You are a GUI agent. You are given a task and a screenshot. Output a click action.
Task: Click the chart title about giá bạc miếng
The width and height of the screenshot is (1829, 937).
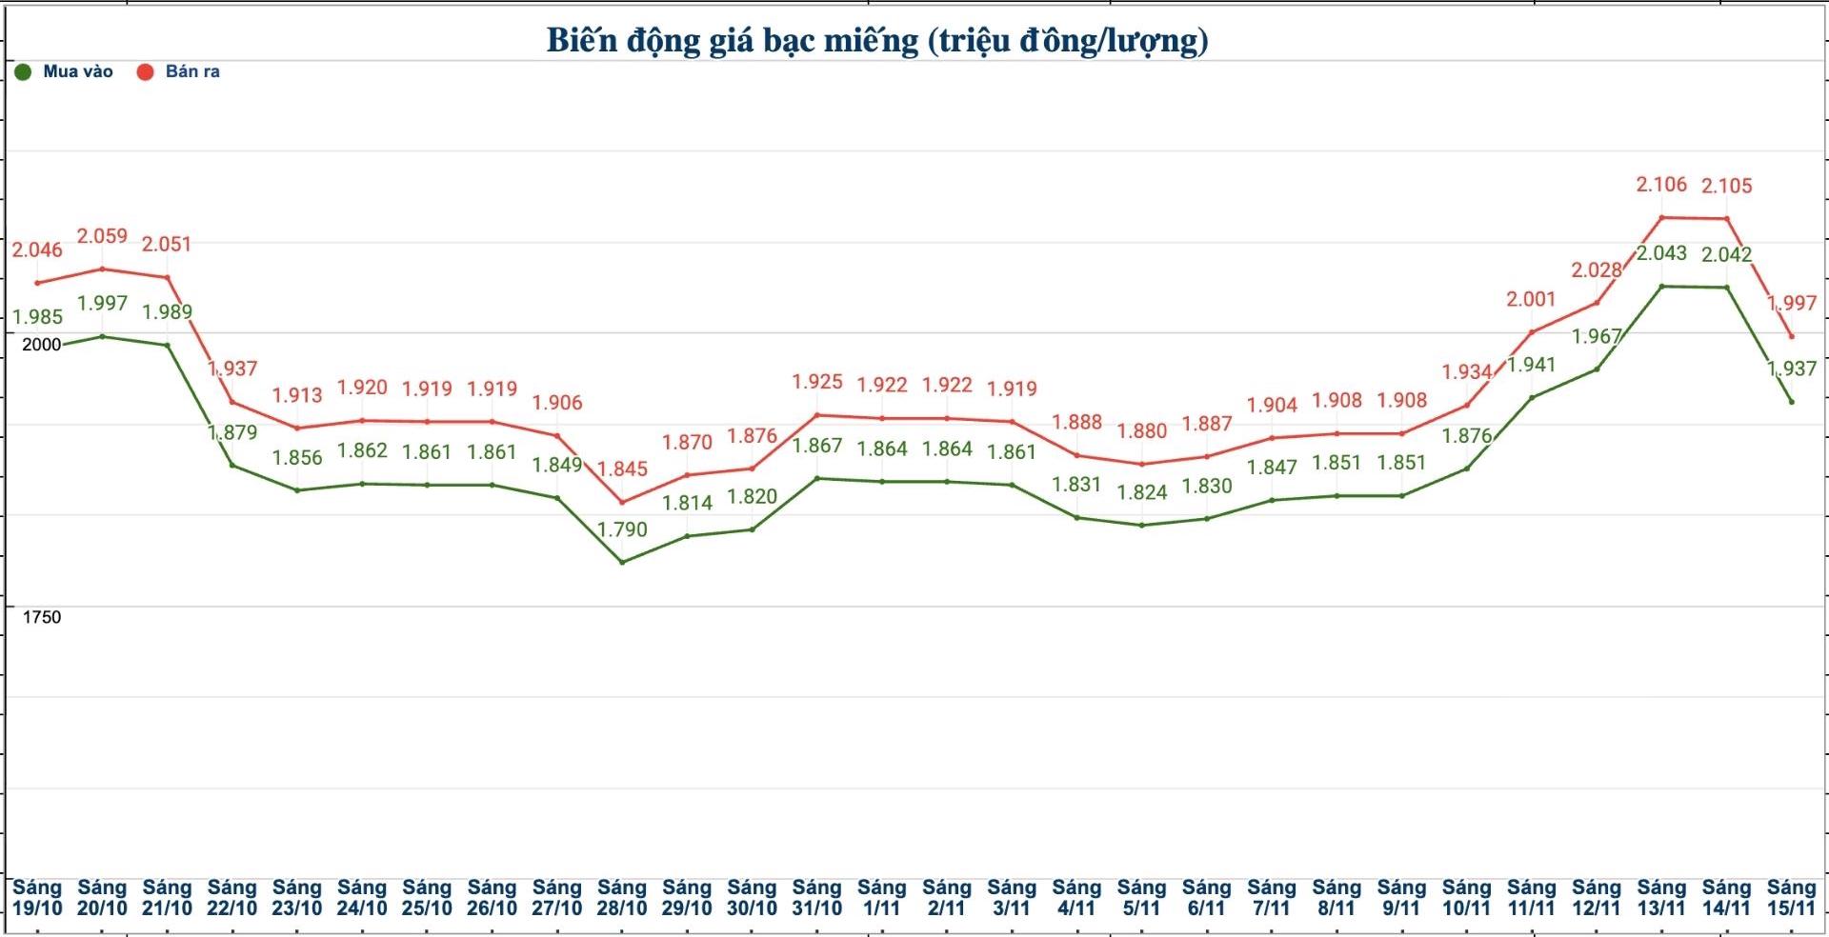coord(877,41)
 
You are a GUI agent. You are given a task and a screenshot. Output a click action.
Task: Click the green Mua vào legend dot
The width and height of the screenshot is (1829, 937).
coord(23,72)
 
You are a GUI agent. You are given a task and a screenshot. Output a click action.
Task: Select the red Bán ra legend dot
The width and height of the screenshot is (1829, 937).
coord(145,72)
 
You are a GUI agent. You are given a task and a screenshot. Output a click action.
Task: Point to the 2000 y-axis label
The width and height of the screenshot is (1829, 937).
coord(41,345)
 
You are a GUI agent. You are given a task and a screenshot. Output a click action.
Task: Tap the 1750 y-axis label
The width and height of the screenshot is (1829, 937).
coord(41,617)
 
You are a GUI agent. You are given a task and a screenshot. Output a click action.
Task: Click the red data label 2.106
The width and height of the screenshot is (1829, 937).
coord(1661,185)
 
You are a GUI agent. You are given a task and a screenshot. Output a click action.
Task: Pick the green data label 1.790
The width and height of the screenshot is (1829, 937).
coord(622,529)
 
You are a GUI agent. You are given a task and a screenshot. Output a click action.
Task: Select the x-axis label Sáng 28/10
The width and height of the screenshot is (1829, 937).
coord(622,898)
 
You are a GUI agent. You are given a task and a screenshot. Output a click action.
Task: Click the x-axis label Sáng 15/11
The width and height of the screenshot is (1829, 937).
coord(1792,898)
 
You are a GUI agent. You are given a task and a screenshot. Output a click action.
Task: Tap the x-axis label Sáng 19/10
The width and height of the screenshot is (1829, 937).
coord(37,898)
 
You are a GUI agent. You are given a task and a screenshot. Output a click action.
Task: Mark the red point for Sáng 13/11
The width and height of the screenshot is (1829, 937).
coord(1661,218)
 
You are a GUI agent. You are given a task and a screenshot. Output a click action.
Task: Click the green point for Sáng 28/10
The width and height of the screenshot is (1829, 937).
coord(622,562)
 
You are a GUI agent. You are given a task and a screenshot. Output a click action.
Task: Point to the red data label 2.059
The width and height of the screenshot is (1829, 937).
coord(102,236)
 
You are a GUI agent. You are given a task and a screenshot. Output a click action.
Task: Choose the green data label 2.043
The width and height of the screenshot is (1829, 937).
coord(1661,253)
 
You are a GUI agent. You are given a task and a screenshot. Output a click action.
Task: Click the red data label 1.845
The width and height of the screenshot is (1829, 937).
coord(622,468)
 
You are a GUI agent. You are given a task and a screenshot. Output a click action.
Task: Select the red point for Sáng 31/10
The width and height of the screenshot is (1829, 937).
coord(817,415)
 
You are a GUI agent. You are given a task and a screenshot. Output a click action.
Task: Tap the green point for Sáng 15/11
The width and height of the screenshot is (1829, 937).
coord(1792,402)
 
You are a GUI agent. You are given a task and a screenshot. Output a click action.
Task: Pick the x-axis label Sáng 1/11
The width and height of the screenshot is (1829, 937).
coord(882,898)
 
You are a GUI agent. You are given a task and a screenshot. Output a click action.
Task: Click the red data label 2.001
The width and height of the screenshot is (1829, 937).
coord(1531,299)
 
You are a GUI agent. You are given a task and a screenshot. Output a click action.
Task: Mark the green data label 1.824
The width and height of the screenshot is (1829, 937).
coord(1142,492)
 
